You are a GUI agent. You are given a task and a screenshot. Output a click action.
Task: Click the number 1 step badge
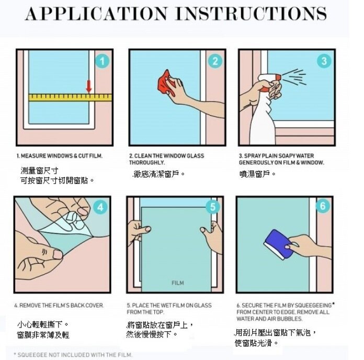click(102, 61)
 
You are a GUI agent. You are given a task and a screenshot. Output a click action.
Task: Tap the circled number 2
click(215, 61)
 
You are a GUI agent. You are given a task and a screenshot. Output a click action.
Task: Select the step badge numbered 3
click(324, 61)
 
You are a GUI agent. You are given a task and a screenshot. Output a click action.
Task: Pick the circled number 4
click(100, 207)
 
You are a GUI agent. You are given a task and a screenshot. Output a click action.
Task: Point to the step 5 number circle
click(213, 207)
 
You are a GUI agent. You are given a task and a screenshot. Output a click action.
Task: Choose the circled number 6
click(323, 206)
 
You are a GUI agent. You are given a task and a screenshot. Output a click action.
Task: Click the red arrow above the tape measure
click(89, 86)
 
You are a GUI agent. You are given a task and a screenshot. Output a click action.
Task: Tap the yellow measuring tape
click(70, 97)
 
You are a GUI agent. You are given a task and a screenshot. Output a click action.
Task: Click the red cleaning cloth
click(165, 83)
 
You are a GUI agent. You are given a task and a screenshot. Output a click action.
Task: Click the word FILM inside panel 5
click(178, 283)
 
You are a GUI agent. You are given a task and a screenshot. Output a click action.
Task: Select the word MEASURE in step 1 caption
click(33, 156)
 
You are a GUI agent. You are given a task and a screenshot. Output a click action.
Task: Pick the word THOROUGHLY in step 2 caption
click(147, 163)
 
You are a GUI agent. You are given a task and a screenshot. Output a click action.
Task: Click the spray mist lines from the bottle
click(294, 76)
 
